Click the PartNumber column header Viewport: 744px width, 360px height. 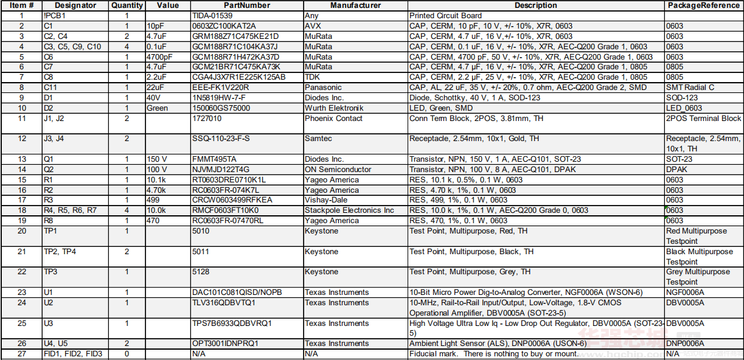coord(246,5)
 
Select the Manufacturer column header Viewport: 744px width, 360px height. coord(355,5)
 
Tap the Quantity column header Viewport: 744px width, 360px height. coord(127,5)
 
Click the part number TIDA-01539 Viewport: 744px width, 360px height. coord(212,16)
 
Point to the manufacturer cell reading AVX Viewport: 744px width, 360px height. coord(312,26)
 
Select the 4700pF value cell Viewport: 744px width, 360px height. coord(160,57)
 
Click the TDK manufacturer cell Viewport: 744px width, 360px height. coord(312,77)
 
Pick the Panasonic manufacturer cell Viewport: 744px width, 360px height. coord(323,88)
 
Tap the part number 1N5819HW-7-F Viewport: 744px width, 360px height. coord(219,98)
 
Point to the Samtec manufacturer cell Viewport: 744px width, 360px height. coord(318,139)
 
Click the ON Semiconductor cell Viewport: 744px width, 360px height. coord(338,170)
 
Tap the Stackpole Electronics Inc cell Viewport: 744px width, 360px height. coord(349,210)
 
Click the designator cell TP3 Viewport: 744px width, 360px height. coord(50,272)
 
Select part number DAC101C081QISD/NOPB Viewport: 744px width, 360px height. coord(237,292)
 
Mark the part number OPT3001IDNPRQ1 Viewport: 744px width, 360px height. coord(225,344)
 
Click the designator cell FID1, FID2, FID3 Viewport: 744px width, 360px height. coord(73,354)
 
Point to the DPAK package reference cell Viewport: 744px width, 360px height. coord(676,170)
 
